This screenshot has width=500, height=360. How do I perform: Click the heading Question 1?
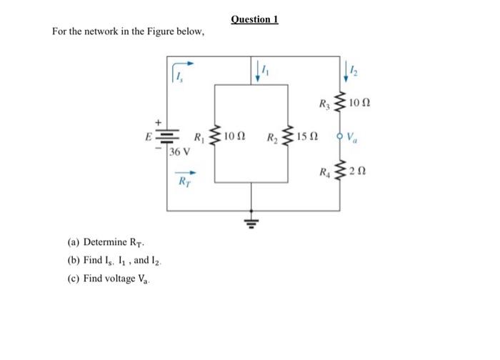click(x=255, y=19)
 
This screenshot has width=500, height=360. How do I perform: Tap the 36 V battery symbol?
click(x=167, y=136)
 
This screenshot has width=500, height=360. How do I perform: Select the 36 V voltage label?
click(x=181, y=151)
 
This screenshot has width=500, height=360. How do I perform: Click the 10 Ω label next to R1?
click(x=235, y=135)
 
